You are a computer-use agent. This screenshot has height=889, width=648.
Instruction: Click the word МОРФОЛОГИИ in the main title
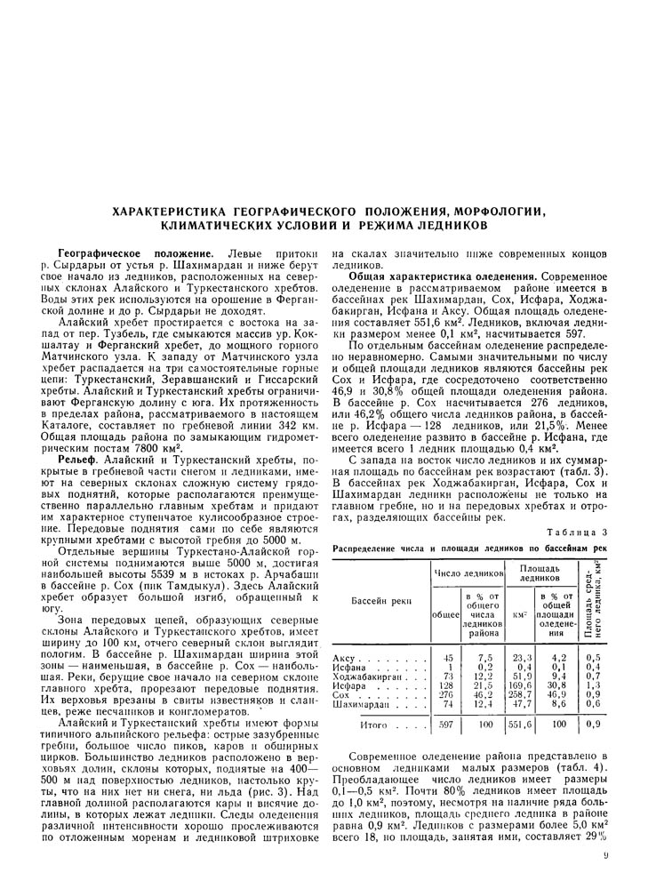[489, 211]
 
